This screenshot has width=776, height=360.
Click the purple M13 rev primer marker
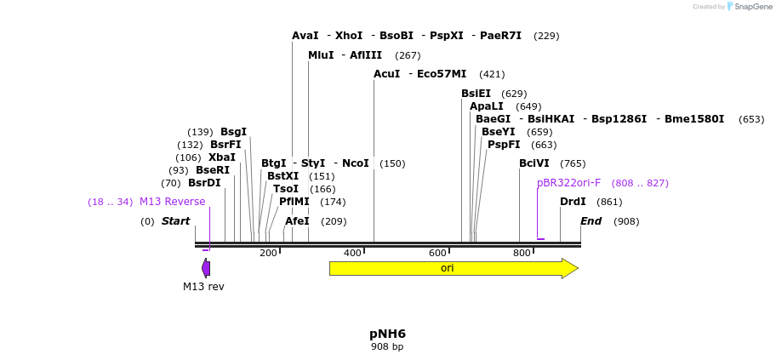pyautogui.click(x=206, y=268)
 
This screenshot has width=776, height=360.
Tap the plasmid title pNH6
pyautogui.click(x=387, y=333)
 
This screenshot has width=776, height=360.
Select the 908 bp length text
pyautogui.click(x=387, y=347)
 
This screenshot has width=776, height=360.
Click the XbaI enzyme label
pyautogui.click(x=222, y=157)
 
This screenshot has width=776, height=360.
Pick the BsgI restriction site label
pyautogui.click(x=233, y=132)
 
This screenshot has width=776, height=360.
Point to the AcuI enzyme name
pyautogui.click(x=386, y=74)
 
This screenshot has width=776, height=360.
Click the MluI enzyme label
pyautogui.click(x=321, y=55)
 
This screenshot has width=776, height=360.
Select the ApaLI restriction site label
pyautogui.click(x=487, y=106)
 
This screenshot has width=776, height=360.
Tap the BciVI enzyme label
pyautogui.click(x=534, y=163)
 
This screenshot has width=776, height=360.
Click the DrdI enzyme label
pyautogui.click(x=573, y=202)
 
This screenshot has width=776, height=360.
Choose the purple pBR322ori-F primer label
pyautogui.click(x=568, y=183)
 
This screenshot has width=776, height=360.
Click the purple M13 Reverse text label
pyautogui.click(x=172, y=202)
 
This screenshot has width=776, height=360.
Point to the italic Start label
pyautogui.click(x=175, y=221)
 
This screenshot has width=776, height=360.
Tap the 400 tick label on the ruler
pyautogui.click(x=352, y=253)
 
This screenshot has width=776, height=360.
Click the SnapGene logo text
pyautogui.click(x=753, y=7)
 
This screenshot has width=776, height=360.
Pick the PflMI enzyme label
pyautogui.click(x=294, y=202)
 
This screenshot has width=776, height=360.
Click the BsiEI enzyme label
pyautogui.click(x=476, y=94)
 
